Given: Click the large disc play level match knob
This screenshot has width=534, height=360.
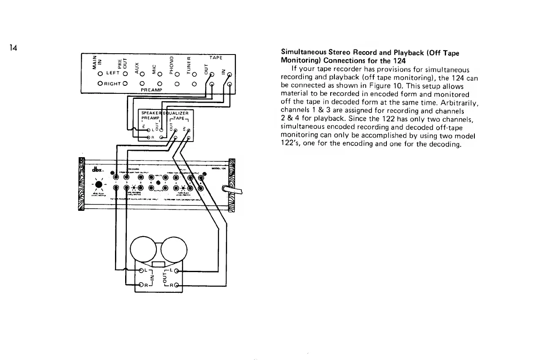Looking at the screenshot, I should [99, 185].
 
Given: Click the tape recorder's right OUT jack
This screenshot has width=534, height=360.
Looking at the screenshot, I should [177, 286].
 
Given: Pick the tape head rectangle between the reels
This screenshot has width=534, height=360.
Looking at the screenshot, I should [157, 265].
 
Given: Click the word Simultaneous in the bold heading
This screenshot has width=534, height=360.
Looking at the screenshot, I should [303, 53].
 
